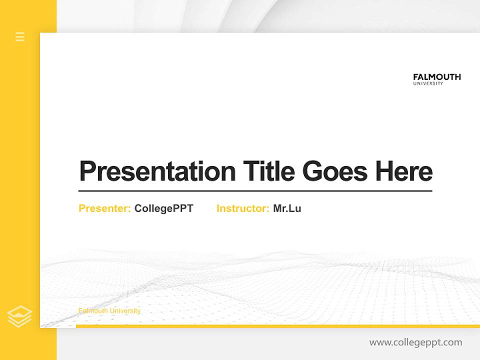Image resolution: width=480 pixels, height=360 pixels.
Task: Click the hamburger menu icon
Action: click(x=20, y=36)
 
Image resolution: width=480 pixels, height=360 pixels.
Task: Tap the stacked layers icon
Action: click(x=19, y=316)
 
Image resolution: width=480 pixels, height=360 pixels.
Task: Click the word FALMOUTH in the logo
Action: click(x=436, y=77)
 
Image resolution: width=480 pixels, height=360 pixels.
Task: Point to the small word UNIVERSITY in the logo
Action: click(x=428, y=83)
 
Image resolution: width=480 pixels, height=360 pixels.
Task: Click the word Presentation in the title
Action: click(x=157, y=171)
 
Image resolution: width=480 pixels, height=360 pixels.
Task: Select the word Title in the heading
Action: click(x=268, y=171)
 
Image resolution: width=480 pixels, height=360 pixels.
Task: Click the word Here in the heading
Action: click(x=404, y=171)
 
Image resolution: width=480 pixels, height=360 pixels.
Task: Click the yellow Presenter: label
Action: click(x=104, y=208)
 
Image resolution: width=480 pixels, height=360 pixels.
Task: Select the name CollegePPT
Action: click(x=163, y=208)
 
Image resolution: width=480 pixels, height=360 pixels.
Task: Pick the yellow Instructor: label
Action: click(x=242, y=208)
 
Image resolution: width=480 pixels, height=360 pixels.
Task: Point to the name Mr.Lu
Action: click(x=287, y=208)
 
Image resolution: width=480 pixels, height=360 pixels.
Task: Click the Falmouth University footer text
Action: click(x=109, y=311)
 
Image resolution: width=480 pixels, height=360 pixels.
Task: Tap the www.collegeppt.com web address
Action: click(x=415, y=342)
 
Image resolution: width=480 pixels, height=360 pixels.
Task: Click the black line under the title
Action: click(x=255, y=190)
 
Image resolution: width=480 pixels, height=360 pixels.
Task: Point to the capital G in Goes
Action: click(x=313, y=171)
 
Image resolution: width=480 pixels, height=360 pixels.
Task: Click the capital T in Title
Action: click(x=250, y=171)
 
